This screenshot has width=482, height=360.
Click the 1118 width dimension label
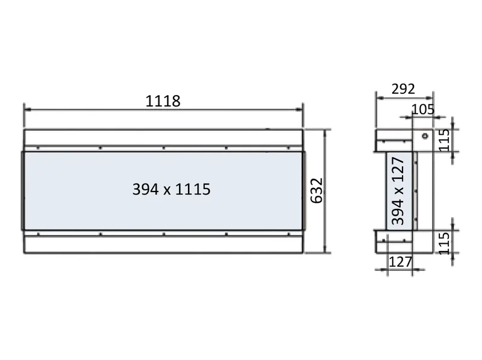coord(163,101)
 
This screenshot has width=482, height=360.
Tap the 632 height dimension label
coord(317,190)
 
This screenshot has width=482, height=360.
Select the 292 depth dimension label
coord(403,88)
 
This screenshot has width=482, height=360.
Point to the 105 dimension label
coord(423,109)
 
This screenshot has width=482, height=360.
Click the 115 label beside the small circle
coord(444,140)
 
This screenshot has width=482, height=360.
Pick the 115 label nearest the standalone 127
coord(444,243)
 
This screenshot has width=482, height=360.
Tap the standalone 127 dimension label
coord(400,262)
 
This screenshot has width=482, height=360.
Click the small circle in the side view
coord(425,136)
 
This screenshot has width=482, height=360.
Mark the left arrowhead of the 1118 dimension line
coord(28,109)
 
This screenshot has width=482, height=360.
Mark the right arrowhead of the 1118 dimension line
coord(299,109)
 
